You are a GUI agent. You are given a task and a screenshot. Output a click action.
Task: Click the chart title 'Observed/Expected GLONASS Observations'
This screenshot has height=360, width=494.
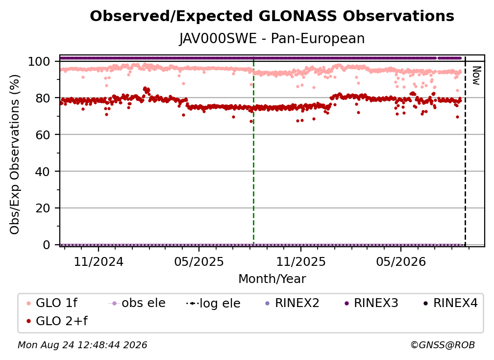tap(272, 16)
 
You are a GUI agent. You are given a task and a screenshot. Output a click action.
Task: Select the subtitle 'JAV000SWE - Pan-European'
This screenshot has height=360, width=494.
tap(272, 39)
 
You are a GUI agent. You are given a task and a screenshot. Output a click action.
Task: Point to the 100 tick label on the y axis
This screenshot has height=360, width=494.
tap(39, 61)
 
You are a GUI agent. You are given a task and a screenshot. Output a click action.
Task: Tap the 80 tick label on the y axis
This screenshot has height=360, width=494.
tap(43, 99)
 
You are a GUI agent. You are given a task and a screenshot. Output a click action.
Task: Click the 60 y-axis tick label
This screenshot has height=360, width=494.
tap(43, 135)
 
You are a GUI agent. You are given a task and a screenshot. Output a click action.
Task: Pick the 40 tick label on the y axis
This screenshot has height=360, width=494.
tap(43, 172)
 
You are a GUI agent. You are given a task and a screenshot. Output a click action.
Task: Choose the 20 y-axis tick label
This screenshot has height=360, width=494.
tap(43, 208)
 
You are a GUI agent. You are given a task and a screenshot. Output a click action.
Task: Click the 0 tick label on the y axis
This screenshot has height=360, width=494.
tap(46, 245)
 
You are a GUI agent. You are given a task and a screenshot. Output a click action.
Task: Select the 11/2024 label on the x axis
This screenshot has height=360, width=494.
tap(99, 261)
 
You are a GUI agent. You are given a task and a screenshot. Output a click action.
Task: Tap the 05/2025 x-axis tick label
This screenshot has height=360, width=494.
tap(199, 261)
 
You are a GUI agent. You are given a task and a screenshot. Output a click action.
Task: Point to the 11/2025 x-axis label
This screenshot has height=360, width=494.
tap(301, 261)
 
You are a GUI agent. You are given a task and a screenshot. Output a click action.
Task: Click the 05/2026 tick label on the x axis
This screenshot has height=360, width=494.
tap(401, 261)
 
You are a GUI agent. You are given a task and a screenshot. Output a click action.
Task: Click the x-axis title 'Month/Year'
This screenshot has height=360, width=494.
tap(272, 279)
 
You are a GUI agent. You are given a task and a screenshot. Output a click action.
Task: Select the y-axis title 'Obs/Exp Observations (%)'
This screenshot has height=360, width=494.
tap(15, 154)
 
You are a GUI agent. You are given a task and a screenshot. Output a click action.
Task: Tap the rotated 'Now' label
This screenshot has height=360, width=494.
tap(476, 76)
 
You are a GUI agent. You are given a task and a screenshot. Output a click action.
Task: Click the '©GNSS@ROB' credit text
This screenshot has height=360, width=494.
tap(443, 345)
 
